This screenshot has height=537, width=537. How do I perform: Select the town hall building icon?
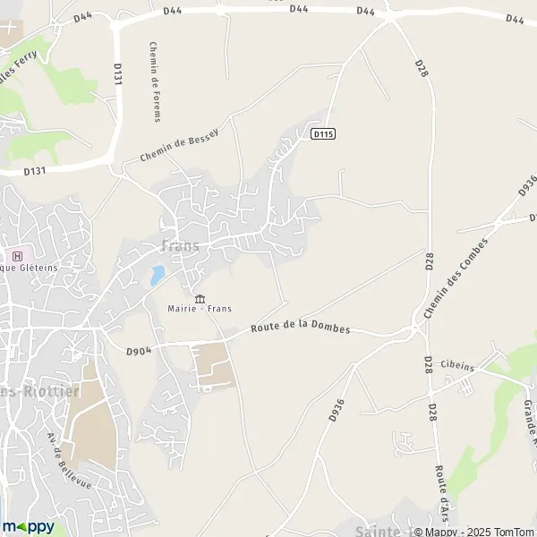199,298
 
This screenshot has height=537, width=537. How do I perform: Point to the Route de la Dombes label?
300,328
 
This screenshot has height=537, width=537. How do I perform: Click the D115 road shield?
323,133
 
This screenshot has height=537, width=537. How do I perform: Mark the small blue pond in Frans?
158,275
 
